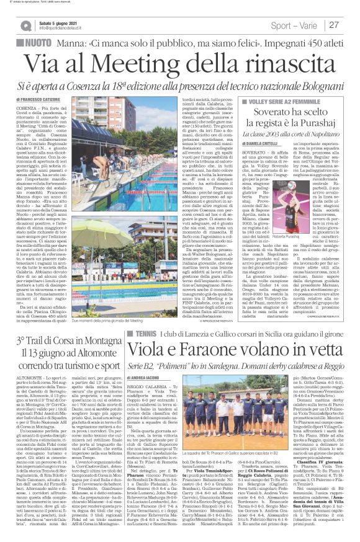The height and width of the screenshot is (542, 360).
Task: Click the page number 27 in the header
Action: [334, 25]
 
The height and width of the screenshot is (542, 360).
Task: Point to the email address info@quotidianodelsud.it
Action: [60, 29]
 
